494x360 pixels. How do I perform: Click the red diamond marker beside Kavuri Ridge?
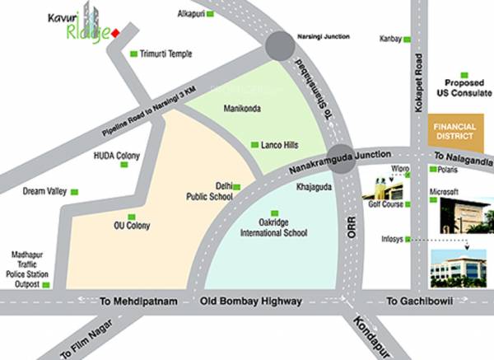[117, 32]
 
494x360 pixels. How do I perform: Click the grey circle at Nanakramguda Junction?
[344, 159]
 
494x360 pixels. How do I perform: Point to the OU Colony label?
[131, 224]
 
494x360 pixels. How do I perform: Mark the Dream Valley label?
[44, 191]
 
